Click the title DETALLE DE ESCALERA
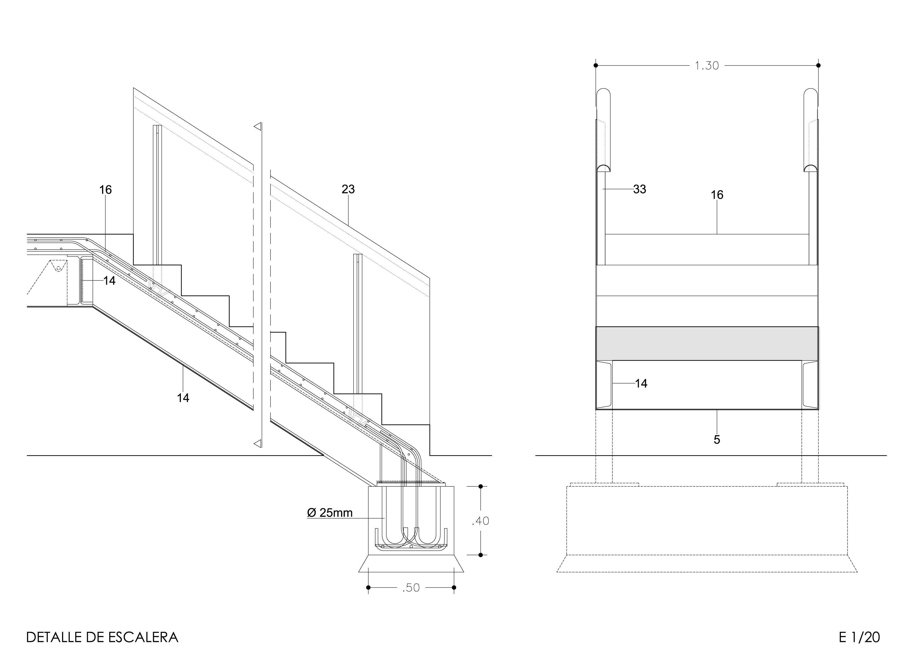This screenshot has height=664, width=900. pos(102,637)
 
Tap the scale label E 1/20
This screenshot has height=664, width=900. pos(859,637)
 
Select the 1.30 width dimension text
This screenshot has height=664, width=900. pos(707,66)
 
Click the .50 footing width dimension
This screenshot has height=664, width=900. pos(411,588)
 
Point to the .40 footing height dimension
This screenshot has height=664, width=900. pos(480,521)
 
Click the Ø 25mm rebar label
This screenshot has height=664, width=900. pos(330,513)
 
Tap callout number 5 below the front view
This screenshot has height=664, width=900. pos(717,440)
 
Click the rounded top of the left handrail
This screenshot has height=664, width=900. pos(603,91)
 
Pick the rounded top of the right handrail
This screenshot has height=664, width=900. pos(811,91)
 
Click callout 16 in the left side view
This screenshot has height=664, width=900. pos(105,190)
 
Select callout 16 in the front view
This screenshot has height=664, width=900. pos(717,195)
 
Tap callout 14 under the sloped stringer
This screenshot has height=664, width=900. pos(183,398)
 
